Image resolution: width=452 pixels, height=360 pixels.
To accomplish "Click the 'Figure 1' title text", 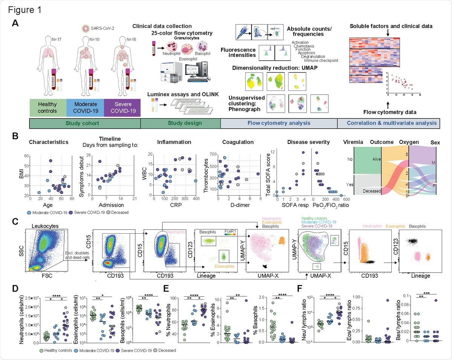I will (24, 9).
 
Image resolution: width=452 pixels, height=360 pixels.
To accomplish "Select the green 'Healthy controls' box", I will (48, 107).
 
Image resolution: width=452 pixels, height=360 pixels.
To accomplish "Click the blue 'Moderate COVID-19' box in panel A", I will (85, 107).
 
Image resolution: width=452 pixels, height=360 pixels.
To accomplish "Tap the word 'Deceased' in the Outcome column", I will (372, 191).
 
